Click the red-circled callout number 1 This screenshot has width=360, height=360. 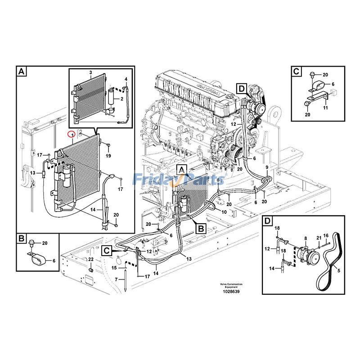70,134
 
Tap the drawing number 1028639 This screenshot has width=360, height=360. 231,292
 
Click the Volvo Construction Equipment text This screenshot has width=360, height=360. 231,285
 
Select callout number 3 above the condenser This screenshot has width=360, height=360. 90,73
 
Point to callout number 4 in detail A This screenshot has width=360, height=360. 126,80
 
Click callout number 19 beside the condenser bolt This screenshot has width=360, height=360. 108,156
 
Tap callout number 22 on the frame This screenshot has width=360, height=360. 90,260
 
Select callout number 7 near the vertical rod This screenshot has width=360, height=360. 116,280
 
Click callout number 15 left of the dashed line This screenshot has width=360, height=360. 114,268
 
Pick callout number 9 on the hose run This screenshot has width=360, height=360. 266,168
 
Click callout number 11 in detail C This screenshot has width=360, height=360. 325,108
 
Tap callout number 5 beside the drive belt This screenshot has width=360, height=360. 339,270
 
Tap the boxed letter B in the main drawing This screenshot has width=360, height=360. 201,229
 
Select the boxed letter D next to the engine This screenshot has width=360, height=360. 241,89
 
